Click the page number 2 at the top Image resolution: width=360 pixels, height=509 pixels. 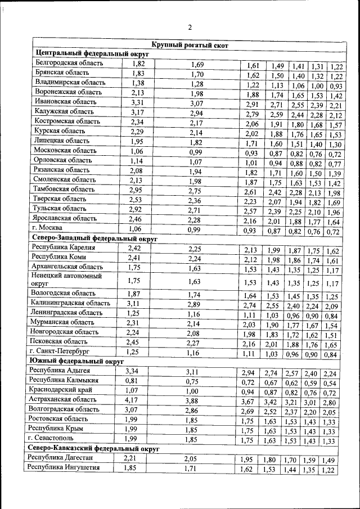tap(190, 27)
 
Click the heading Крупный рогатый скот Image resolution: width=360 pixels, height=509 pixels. tap(190, 44)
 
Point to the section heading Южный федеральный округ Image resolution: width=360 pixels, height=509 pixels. tap(75, 361)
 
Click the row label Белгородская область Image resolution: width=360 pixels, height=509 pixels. tap(69, 64)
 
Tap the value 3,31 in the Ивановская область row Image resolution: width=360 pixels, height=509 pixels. tap(138, 102)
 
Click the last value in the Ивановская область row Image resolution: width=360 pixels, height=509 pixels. tap(336, 105)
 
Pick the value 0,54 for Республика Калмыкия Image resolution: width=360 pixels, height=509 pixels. tap(330, 383)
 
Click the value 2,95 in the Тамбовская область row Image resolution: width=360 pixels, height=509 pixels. tap(138, 190)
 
